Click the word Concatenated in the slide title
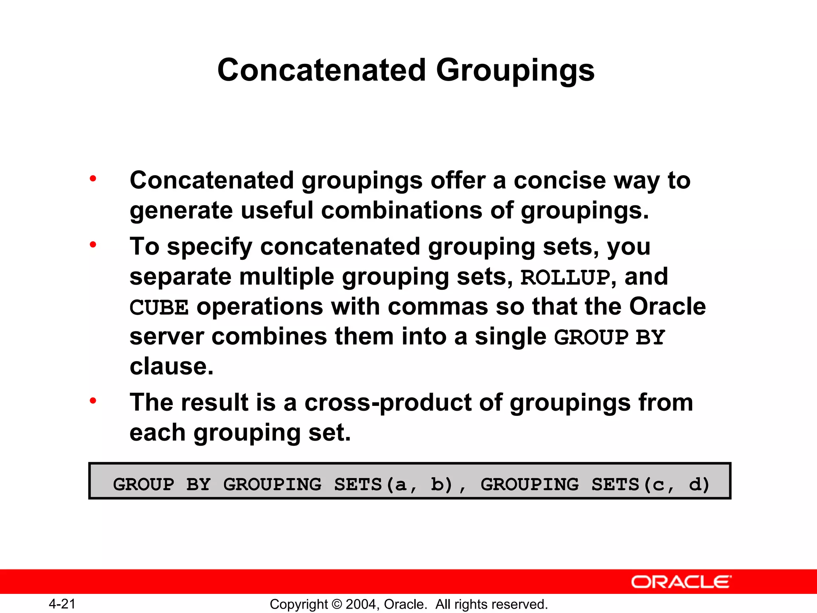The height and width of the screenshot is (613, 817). click(322, 70)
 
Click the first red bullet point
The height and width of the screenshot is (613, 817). click(93, 179)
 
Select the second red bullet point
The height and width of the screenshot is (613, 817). click(93, 245)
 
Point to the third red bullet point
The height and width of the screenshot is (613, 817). click(93, 401)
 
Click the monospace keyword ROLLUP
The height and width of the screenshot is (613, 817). click(565, 277)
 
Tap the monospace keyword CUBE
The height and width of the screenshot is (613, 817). click(159, 308)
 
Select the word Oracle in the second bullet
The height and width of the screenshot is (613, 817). click(667, 306)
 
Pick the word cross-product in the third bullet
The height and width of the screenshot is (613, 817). click(388, 402)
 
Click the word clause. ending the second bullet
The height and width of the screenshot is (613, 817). click(172, 366)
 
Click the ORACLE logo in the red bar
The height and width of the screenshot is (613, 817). click(681, 582)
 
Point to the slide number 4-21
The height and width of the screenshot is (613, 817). click(62, 604)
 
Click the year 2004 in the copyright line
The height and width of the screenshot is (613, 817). click(360, 604)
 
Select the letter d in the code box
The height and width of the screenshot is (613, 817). click(695, 484)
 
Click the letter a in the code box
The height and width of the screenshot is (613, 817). click(400, 484)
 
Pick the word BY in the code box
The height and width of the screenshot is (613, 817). click(198, 484)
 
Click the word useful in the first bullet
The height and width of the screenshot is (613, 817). click(277, 210)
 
